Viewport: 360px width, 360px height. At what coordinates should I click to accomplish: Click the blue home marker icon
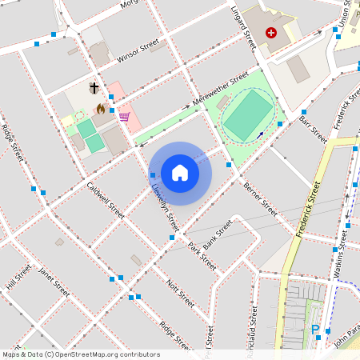click(x=180, y=172)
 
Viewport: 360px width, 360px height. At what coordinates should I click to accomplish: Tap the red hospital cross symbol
click(x=271, y=33)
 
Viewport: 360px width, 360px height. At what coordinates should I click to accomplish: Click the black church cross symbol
click(x=94, y=87)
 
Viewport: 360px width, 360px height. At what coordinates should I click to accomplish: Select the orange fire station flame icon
click(x=100, y=108)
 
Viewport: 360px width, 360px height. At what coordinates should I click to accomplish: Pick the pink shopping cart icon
click(x=124, y=117)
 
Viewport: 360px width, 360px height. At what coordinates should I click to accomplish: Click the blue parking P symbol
click(x=315, y=330)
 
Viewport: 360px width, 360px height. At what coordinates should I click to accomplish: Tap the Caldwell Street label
click(x=106, y=200)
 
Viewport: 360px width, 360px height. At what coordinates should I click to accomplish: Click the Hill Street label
click(x=18, y=276)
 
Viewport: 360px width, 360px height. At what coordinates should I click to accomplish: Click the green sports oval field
click(x=247, y=113)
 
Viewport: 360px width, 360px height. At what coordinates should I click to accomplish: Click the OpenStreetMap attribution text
click(x=80, y=354)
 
